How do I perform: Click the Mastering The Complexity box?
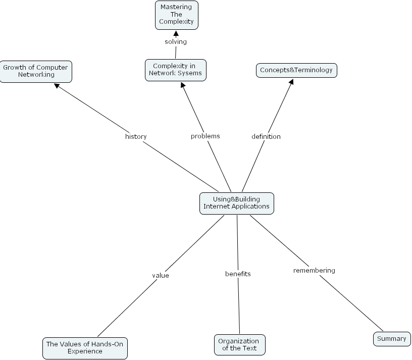176,15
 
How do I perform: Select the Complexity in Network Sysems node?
175,70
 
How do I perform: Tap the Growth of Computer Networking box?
35,71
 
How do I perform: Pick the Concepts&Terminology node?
296,70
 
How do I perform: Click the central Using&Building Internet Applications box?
236,203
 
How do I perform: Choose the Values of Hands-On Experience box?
85,348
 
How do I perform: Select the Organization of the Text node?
239,345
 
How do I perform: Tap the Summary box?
392,339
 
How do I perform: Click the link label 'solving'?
176,41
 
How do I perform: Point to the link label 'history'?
136,136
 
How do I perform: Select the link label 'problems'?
205,136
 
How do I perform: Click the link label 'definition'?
266,136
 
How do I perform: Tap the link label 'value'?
161,276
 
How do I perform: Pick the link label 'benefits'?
238,274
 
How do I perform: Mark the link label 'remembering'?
314,271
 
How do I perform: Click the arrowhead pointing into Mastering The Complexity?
176,33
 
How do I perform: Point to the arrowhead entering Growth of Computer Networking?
58,86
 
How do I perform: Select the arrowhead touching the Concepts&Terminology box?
290,81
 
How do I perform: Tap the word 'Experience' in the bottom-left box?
85,351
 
